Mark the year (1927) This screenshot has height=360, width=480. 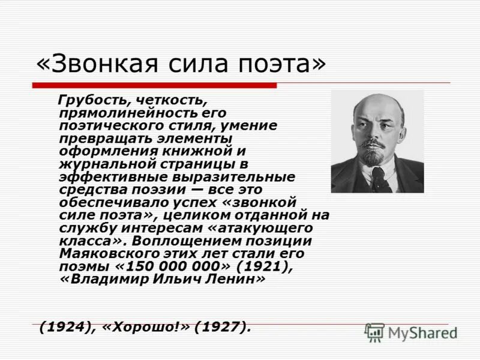pyautogui.click(x=222, y=328)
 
